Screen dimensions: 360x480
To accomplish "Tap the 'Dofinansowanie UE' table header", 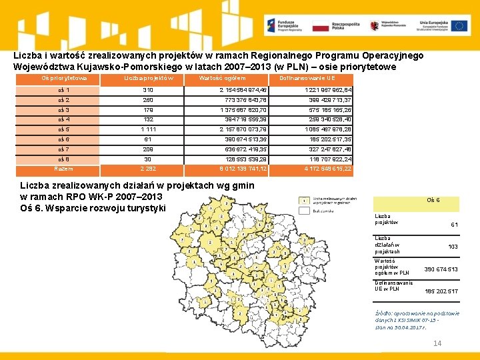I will pyautogui.click(x=309, y=79).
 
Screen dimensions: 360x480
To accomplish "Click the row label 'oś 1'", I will pyautogui.click(x=64, y=90).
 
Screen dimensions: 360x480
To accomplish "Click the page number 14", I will pyautogui.click(x=437, y=343).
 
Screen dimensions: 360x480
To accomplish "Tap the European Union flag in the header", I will pyautogui.click(x=459, y=26).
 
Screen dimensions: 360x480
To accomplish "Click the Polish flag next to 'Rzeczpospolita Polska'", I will pyautogui.click(x=321, y=26).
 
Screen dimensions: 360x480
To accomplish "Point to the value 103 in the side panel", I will pyautogui.click(x=453, y=247).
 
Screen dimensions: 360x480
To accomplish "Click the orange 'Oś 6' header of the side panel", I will pyautogui.click(x=433, y=200).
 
